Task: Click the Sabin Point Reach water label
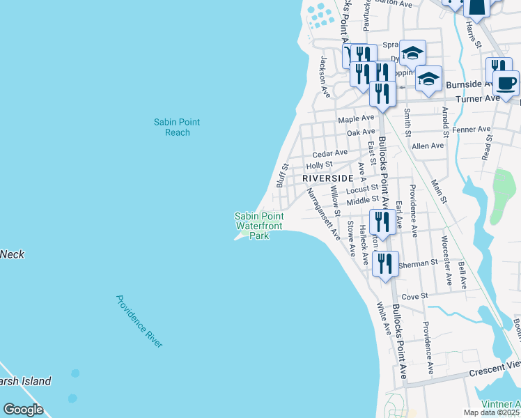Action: (x=177, y=127)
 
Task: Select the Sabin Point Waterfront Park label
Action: (x=259, y=226)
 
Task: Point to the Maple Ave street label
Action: (x=356, y=120)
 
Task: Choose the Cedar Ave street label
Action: (x=329, y=153)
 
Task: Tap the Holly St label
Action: (x=319, y=165)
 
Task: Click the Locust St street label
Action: (x=361, y=188)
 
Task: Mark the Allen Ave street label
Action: (x=428, y=146)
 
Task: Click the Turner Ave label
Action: (x=478, y=99)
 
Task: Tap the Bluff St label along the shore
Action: (x=281, y=176)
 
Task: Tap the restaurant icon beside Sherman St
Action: (x=385, y=264)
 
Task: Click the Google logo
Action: (x=23, y=410)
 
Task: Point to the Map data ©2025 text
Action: (x=492, y=412)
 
